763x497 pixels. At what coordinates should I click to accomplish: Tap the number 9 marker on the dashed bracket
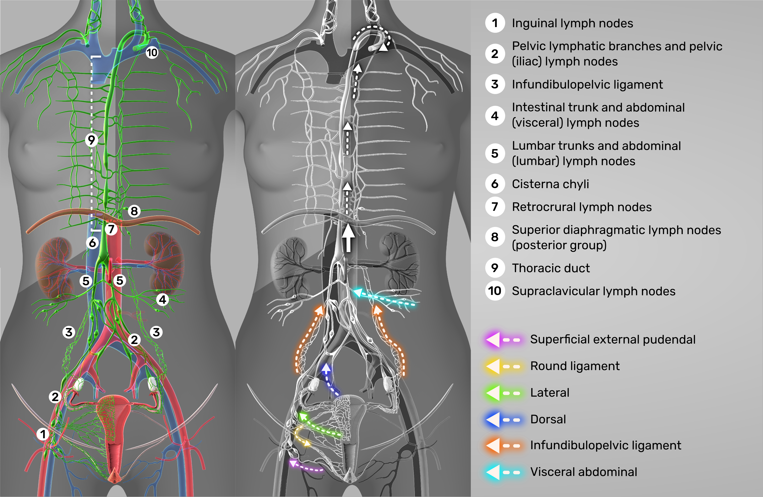coord(92,140)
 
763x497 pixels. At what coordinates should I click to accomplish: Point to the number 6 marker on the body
coord(92,243)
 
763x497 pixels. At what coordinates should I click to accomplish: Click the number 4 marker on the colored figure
coord(163,300)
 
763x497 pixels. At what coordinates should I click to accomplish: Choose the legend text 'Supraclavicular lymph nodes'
coord(593,291)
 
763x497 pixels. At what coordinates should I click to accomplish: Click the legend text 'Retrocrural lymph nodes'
coord(581,207)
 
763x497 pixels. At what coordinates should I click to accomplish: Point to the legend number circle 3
coord(495,84)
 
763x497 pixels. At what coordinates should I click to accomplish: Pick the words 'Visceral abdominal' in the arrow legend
coord(583,472)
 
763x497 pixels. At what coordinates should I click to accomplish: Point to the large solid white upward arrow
coord(348,238)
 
